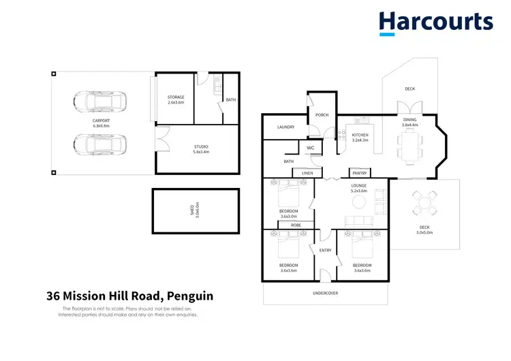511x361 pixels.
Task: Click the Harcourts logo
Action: click(x=436, y=22)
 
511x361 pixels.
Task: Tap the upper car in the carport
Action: click(x=99, y=104)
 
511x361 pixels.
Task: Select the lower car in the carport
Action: click(x=99, y=144)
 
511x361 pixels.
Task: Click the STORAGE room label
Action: click(x=176, y=100)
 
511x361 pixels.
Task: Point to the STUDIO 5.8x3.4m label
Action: click(x=200, y=150)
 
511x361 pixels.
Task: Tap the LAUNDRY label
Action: click(x=285, y=127)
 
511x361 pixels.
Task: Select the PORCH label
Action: click(x=322, y=114)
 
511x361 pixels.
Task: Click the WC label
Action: click(x=310, y=148)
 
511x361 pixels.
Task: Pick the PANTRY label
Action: click(x=358, y=173)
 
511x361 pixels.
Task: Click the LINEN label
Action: click(x=307, y=173)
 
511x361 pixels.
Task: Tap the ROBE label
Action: click(x=296, y=224)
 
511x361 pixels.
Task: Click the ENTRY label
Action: click(x=325, y=250)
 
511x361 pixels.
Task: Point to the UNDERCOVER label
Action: click(x=325, y=293)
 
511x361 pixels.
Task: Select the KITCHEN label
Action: click(x=360, y=138)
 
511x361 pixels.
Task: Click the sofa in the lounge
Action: click(x=358, y=221)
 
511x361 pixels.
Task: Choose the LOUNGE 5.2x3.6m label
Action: click(x=358, y=188)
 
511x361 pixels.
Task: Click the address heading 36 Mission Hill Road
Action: click(x=129, y=296)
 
